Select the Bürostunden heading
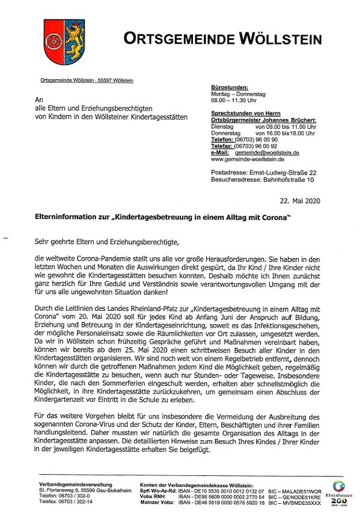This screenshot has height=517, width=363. [x=226, y=87]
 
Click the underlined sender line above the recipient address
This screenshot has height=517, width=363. [x=87, y=80]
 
